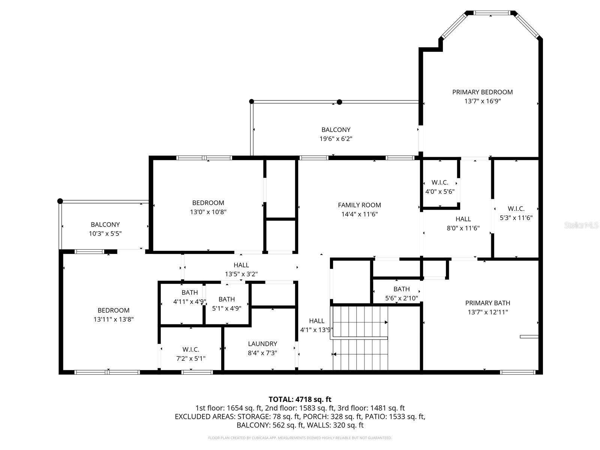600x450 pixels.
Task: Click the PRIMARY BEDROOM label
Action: [x=482, y=92]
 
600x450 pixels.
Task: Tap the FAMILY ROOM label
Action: [x=359, y=205]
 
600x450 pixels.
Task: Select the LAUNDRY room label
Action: [x=262, y=344]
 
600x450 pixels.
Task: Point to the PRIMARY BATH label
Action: [x=487, y=303]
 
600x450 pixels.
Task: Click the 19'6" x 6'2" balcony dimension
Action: [x=336, y=139]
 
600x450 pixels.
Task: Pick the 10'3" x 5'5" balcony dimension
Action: [x=105, y=234]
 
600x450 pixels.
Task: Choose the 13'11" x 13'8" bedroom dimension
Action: [x=114, y=319]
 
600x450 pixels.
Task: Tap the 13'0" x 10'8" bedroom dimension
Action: [x=208, y=212]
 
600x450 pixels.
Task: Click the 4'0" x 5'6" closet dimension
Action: [x=440, y=192]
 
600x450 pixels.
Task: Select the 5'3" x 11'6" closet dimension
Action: [x=516, y=218]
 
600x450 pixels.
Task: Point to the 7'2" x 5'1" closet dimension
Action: [x=190, y=358]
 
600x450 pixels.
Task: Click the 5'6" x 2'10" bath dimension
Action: [x=401, y=298]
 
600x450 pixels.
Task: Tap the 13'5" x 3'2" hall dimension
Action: [x=241, y=274]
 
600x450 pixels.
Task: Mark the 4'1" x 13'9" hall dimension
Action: [x=316, y=330]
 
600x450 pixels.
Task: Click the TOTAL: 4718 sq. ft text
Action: [x=300, y=399]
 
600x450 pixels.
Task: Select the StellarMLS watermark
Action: [x=581, y=225]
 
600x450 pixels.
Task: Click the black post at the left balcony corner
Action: [x=60, y=201]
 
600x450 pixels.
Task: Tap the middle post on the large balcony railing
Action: [x=339, y=102]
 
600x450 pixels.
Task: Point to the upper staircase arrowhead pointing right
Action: [x=386, y=322]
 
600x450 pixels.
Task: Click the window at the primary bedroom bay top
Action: [x=491, y=13]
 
